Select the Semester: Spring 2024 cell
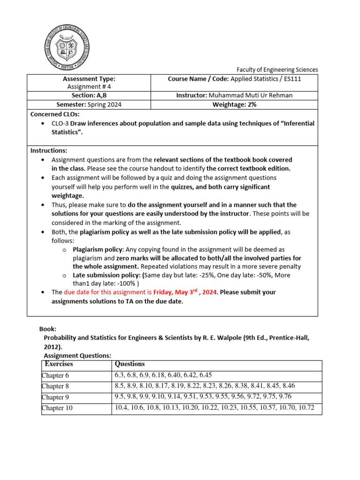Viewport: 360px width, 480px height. pos(89,105)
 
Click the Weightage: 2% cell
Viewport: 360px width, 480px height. pos(235,105)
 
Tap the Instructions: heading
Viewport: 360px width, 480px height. pos(49,150)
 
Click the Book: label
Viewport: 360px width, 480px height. pos(48,330)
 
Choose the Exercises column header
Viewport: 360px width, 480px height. pos(59,364)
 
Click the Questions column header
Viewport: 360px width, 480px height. pos(130,364)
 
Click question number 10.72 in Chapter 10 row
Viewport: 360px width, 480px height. pos(306,408)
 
